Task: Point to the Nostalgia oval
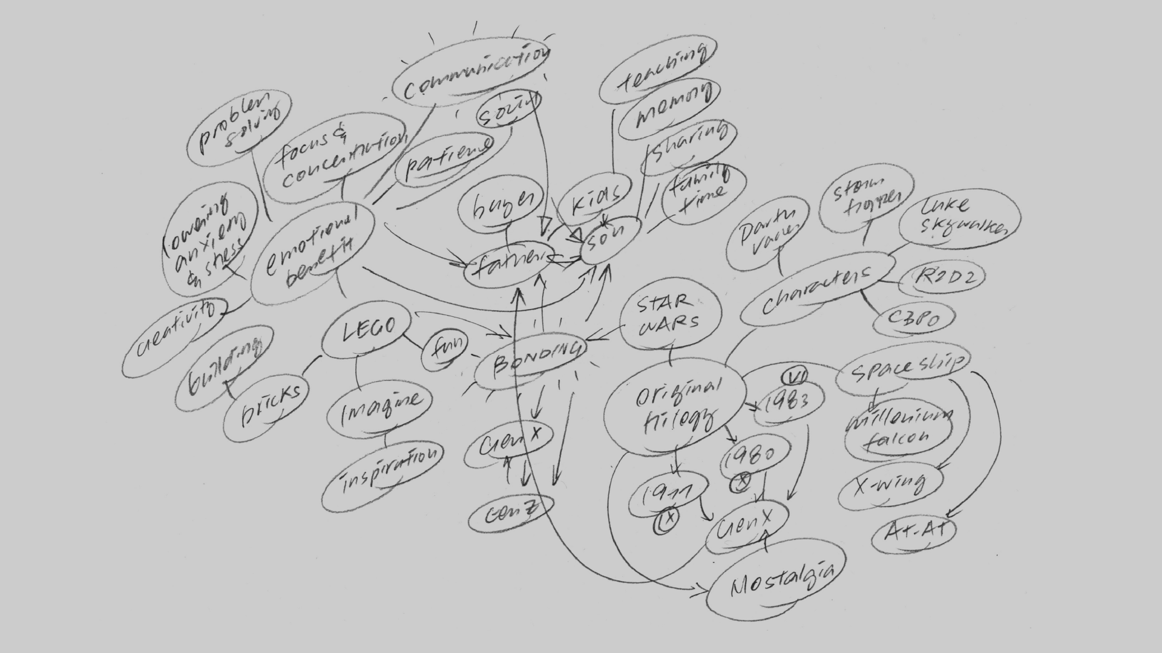pos(778,583)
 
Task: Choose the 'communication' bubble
pos(471,73)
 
